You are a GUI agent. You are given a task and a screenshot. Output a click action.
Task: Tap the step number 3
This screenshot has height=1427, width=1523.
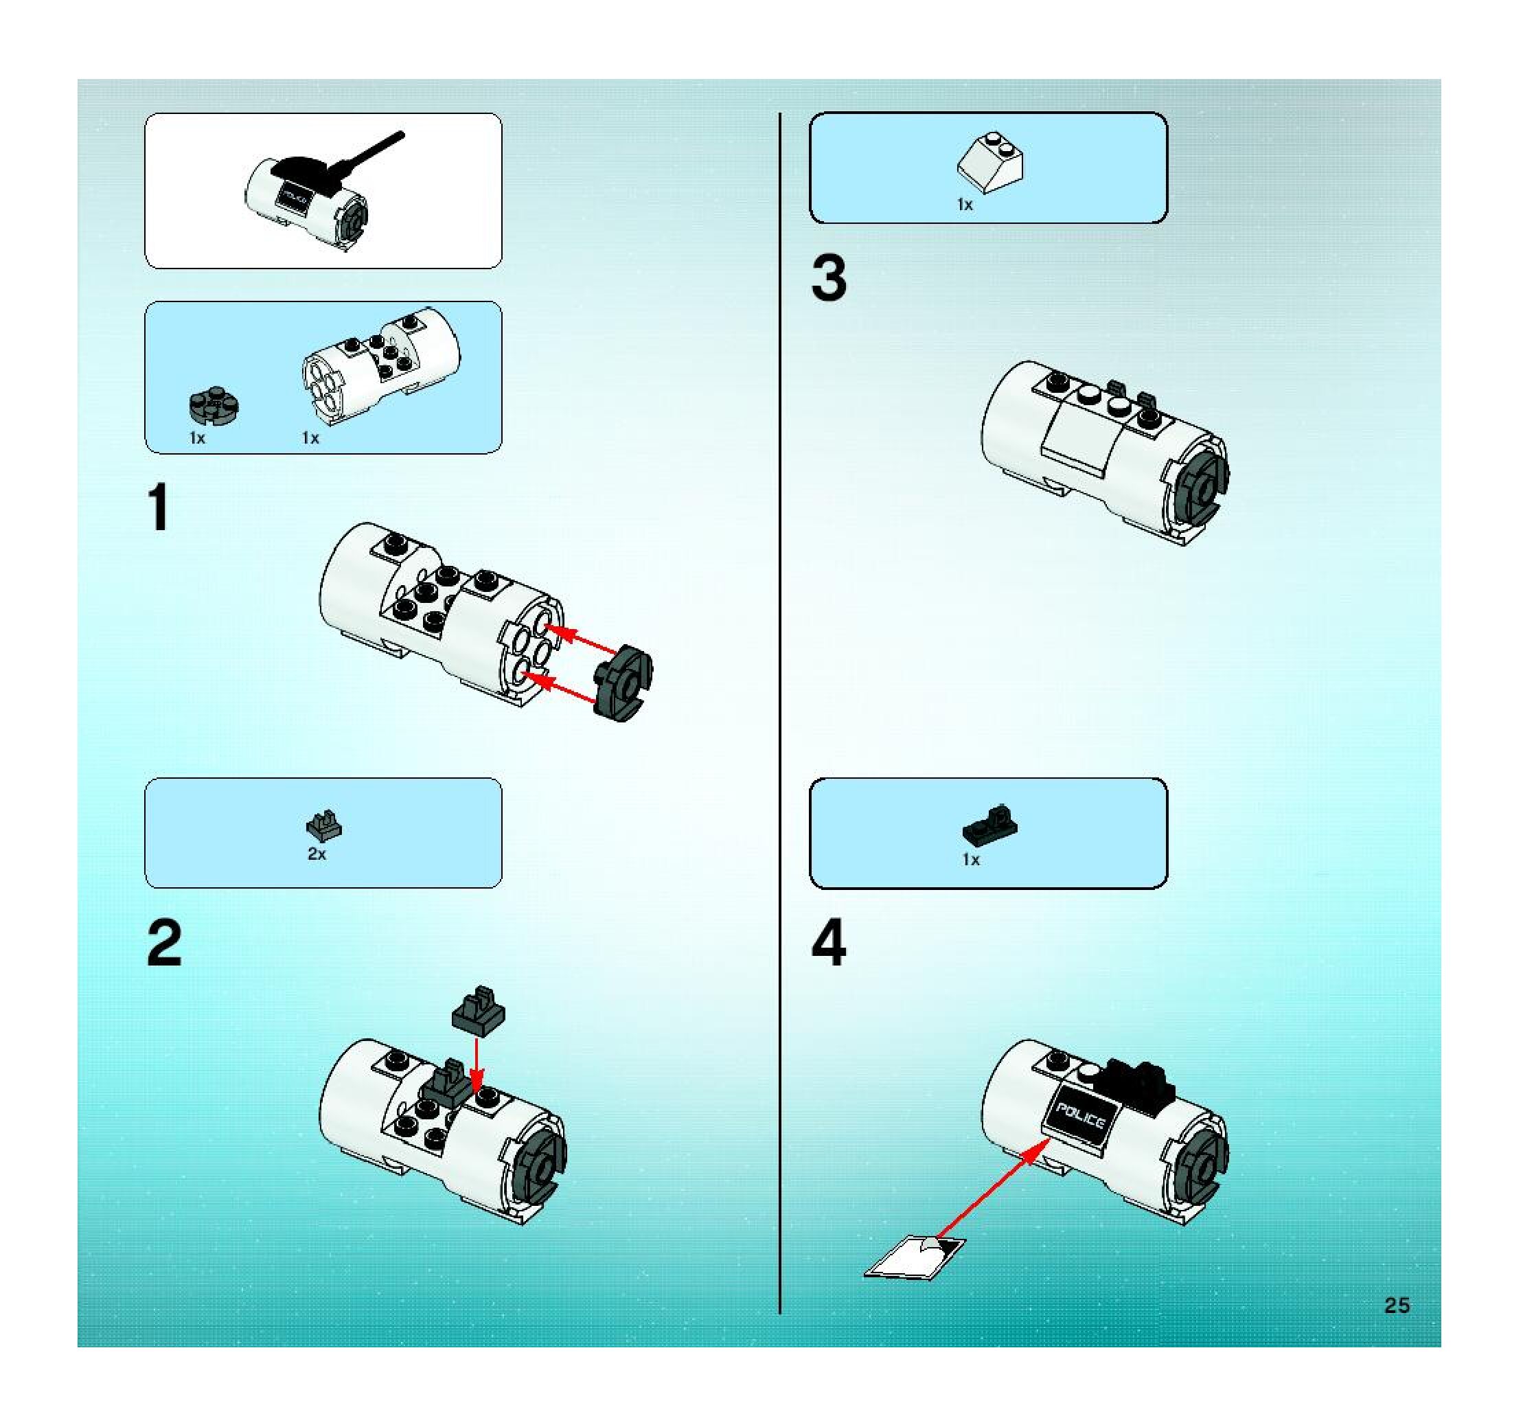[829, 278]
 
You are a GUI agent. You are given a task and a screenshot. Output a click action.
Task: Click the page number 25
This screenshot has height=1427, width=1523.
[1397, 1305]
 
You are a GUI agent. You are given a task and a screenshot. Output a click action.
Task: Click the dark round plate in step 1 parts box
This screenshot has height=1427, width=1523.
[214, 405]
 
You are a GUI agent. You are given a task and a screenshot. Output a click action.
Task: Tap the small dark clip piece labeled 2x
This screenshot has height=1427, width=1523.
[323, 825]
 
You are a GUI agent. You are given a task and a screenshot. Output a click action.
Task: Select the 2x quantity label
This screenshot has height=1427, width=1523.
[317, 854]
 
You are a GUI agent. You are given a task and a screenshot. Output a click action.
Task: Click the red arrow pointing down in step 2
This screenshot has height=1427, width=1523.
[477, 1064]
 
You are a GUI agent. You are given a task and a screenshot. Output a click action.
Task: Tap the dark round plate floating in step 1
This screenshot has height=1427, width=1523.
[623, 683]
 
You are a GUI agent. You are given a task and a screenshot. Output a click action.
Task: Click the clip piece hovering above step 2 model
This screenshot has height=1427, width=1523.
[479, 1009]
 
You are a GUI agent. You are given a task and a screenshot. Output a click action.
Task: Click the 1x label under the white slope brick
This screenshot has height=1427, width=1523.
[965, 205]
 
